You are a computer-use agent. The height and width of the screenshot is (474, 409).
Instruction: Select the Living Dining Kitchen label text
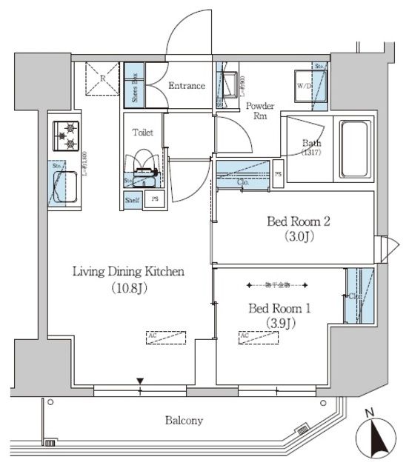(128, 272)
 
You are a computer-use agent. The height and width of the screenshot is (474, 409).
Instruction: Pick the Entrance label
(186, 86)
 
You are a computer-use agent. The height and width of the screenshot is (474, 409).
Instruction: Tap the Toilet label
(143, 133)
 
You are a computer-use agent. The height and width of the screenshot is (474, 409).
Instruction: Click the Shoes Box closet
(134, 84)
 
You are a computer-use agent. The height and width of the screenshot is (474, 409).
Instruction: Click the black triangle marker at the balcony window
(139, 382)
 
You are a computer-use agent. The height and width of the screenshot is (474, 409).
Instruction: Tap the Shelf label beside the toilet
(132, 199)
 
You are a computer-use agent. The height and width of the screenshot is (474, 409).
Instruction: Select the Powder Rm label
(259, 110)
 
